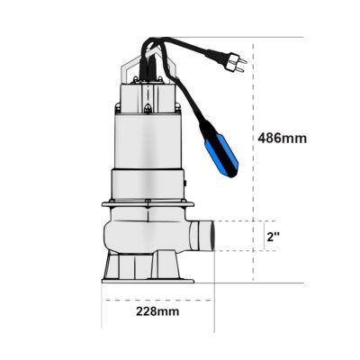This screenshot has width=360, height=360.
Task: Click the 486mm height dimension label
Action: coord(283,139)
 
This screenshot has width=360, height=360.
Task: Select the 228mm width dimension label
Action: coord(157,311)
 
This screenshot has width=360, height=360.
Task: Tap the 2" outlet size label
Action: coord(274,237)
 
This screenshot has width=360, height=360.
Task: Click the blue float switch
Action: coord(221,156)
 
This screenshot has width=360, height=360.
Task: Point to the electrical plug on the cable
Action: coord(236,62)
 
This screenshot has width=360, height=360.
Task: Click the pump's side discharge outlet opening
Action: coord(212,236)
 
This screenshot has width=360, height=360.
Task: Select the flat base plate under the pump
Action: coord(148,281)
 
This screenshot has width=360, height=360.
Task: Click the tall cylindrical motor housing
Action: coord(148,142)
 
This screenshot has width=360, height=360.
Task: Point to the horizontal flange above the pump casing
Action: coord(148,204)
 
